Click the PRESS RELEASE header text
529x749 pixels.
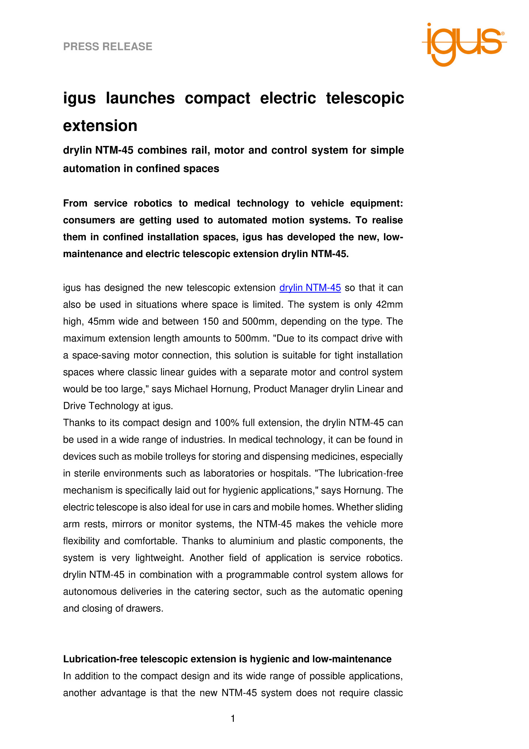108,46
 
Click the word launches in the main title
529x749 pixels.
140,98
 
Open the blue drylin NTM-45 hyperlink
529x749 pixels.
310,288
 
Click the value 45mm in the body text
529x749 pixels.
101,321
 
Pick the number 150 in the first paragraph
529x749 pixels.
210,321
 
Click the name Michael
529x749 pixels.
191,389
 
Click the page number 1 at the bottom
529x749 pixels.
233,719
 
